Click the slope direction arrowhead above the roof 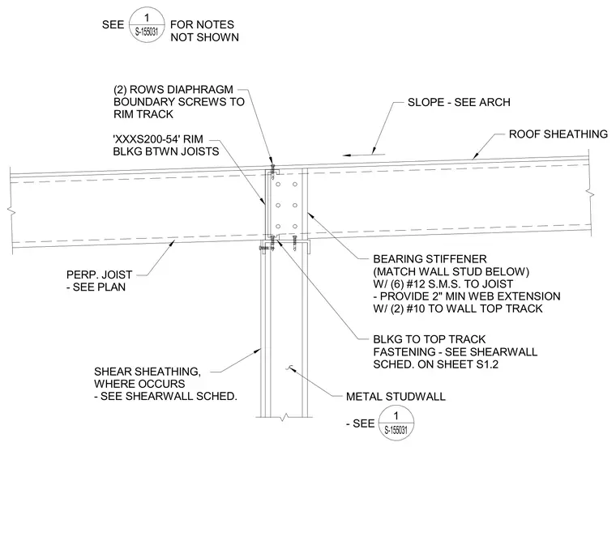[x=347, y=155]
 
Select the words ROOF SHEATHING [x=558, y=134]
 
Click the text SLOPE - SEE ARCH [x=459, y=102]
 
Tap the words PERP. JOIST [x=100, y=274]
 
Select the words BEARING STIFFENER [x=430, y=259]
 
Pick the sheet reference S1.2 [x=487, y=364]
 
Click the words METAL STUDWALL [x=396, y=397]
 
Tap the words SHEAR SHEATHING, [x=148, y=372]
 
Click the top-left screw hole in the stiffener [x=278, y=184]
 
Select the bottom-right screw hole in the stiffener [x=295, y=227]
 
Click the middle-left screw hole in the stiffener [x=278, y=205]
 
